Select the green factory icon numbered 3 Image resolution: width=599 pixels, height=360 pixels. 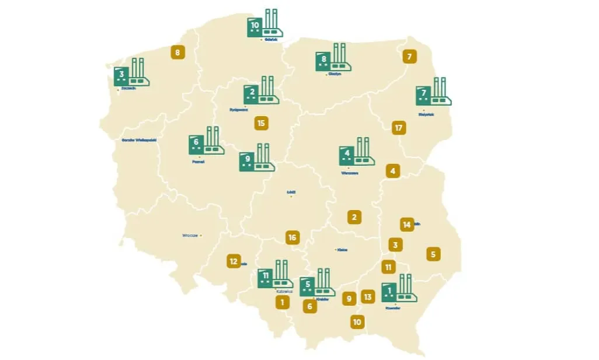point(132,72)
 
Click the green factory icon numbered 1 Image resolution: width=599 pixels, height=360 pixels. point(399,289)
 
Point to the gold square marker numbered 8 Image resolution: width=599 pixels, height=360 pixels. point(177,53)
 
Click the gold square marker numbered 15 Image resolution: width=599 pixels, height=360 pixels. point(261,123)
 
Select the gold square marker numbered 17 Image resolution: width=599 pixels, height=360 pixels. point(399,128)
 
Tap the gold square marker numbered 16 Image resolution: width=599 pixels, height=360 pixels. point(292,237)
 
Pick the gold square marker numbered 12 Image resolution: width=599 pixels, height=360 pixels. point(234,261)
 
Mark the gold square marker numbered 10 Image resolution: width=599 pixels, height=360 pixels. point(357,321)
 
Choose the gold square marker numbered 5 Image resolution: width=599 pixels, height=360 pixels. point(433,254)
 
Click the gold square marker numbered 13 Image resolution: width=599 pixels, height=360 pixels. point(367,297)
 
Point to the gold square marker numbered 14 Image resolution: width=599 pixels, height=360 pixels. point(407,224)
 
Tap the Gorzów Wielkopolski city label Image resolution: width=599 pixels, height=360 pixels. point(139,140)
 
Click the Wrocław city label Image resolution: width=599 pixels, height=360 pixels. point(190,236)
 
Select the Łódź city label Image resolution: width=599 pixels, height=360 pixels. point(291,191)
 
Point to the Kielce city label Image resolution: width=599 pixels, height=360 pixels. point(342,250)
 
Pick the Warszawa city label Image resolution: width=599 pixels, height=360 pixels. point(349,173)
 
